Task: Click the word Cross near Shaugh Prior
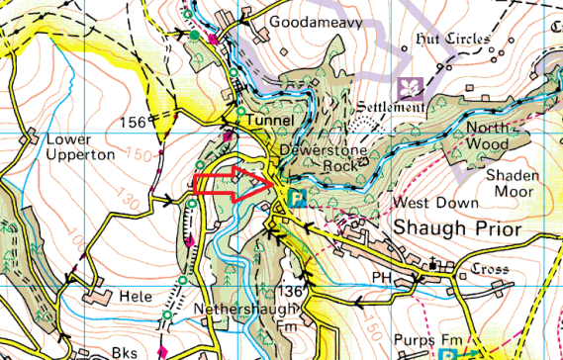click(489, 269)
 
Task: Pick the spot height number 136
click(289, 292)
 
